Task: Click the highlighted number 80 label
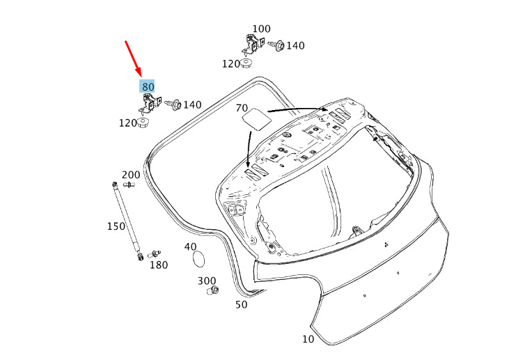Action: (147, 86)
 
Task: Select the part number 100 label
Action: (261, 29)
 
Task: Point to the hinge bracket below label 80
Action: (150, 103)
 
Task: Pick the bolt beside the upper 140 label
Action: (276, 45)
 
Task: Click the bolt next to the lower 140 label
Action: (173, 104)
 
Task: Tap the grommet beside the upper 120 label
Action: (246, 63)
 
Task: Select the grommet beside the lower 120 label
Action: (143, 123)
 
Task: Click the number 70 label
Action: (242, 108)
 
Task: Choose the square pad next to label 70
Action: (257, 119)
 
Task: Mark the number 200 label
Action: (131, 175)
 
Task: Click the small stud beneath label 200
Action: (129, 185)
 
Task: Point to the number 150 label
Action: (116, 226)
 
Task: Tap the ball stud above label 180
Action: (154, 253)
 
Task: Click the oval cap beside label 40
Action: (198, 259)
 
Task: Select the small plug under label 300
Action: (213, 290)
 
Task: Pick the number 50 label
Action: (241, 304)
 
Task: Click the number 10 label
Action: (308, 339)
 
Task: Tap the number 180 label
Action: (159, 265)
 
